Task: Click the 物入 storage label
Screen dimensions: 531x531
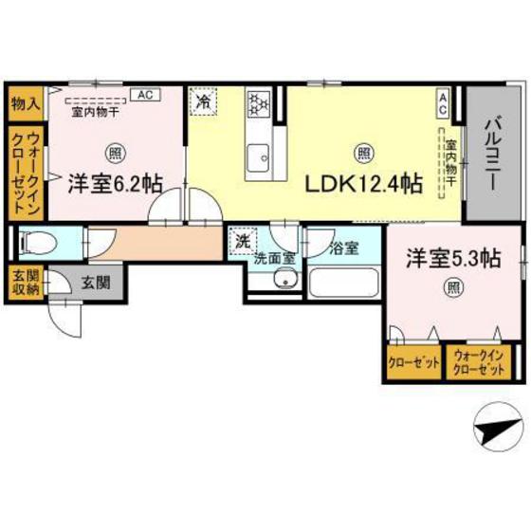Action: pos(24,102)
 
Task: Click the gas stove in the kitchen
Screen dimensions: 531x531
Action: pos(259,102)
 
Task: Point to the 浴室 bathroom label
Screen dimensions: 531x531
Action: pos(343,248)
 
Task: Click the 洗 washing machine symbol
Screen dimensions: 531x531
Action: pos(244,241)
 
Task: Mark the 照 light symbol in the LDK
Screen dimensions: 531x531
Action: pos(362,151)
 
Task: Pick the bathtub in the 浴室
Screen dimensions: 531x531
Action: pos(345,282)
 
